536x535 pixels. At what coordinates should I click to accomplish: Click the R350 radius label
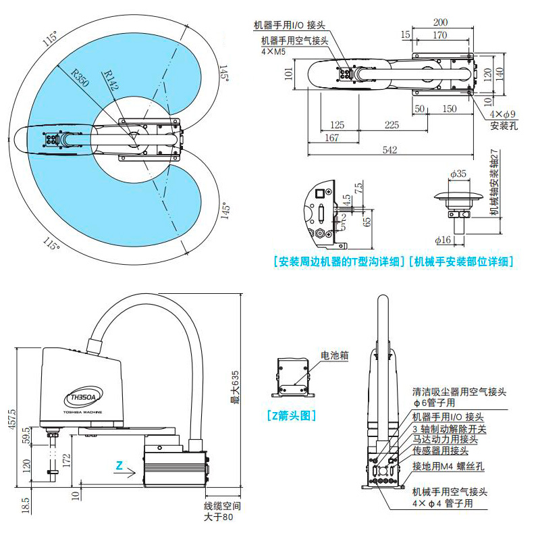coord(79,79)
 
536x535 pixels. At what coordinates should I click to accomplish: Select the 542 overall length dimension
coord(390,150)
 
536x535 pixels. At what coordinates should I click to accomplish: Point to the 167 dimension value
coord(331,138)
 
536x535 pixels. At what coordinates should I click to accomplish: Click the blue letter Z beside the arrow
coord(118,465)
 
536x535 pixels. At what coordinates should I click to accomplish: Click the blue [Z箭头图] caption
coord(292,415)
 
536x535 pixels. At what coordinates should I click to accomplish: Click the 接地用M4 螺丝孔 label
coord(449,466)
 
